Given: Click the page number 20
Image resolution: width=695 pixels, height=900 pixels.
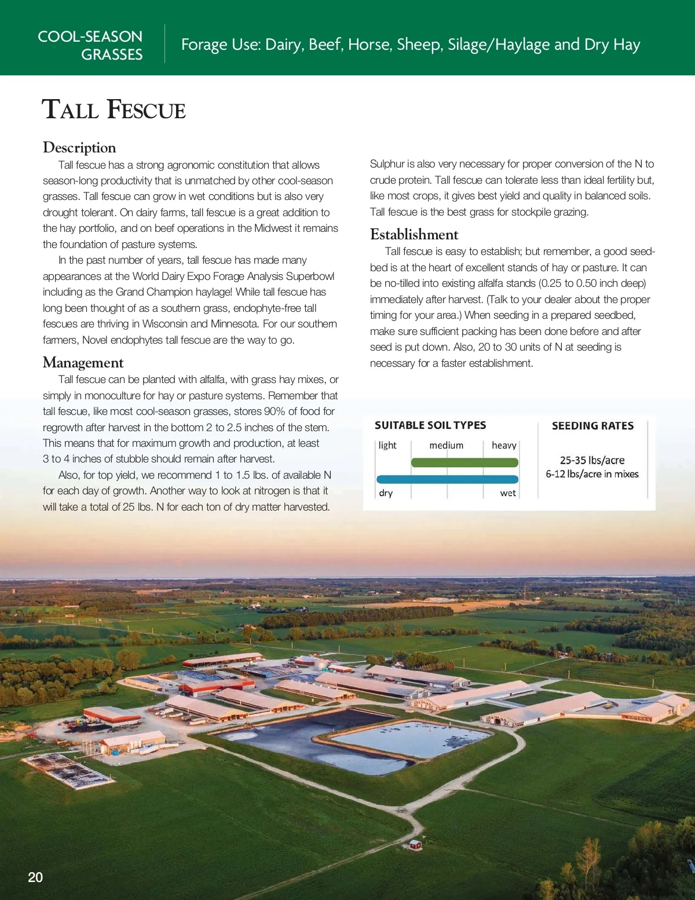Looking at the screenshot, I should [35, 877].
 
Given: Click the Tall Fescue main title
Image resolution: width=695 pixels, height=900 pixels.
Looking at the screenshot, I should [114, 110].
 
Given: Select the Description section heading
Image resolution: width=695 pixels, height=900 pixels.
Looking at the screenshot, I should [79, 147].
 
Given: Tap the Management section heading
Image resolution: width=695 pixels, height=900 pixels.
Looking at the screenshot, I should [83, 362].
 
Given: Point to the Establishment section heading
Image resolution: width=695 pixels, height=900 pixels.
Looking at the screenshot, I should [414, 234].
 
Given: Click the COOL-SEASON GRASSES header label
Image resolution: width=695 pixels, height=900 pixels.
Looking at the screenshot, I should [90, 45].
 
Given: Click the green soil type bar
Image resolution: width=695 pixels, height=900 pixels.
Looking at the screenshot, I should [464, 462].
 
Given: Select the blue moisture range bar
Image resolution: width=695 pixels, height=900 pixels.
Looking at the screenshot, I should [447, 479].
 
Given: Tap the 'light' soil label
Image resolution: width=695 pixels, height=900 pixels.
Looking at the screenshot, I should [387, 445].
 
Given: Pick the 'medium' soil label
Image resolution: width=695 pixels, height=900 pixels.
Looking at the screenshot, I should [446, 445].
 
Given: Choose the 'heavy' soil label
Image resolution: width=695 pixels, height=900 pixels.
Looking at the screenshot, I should [504, 445].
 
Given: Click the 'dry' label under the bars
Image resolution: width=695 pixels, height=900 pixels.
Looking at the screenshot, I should [386, 493].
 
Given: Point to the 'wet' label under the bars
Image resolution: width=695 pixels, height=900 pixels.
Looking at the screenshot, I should [508, 493].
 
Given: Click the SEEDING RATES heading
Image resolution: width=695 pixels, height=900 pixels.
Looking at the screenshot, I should [592, 426].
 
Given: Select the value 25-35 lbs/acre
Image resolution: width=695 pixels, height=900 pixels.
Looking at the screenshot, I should [592, 460].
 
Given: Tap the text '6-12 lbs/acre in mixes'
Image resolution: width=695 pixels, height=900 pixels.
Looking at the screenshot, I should [592, 474].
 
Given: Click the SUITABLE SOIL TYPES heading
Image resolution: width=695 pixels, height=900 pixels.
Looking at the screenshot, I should [430, 425].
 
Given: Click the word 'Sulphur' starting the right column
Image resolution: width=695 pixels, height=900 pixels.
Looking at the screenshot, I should [387, 164].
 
